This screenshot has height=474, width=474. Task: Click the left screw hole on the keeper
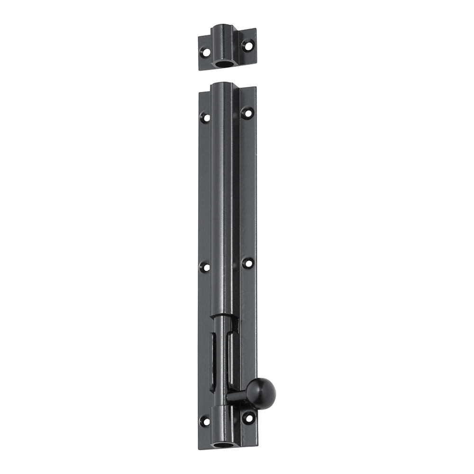[205, 51]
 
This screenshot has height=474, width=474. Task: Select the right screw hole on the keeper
[246, 46]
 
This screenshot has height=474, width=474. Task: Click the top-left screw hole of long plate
[205, 117]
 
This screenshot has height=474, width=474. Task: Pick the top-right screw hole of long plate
[247, 113]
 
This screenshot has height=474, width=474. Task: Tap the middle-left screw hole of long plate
[205, 267]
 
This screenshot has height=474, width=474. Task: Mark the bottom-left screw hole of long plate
[205, 421]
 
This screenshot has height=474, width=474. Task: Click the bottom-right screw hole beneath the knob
[247, 417]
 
